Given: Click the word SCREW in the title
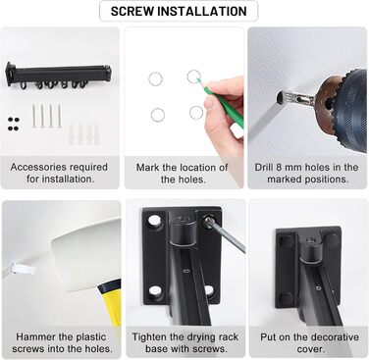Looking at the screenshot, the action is click(x=132, y=11).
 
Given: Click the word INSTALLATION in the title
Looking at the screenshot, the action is click(x=202, y=11).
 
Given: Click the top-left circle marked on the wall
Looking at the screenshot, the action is click(x=155, y=78).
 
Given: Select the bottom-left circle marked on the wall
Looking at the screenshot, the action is click(x=158, y=115).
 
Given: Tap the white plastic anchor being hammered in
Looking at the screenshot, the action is click(x=23, y=269).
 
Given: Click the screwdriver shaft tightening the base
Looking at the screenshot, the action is click(x=227, y=236).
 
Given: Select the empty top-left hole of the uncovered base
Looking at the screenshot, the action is click(x=154, y=222).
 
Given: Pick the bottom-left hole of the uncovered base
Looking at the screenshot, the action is click(x=155, y=291).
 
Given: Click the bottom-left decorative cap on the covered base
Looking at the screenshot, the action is click(x=286, y=298).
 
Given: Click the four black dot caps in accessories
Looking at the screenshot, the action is click(x=13, y=124).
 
